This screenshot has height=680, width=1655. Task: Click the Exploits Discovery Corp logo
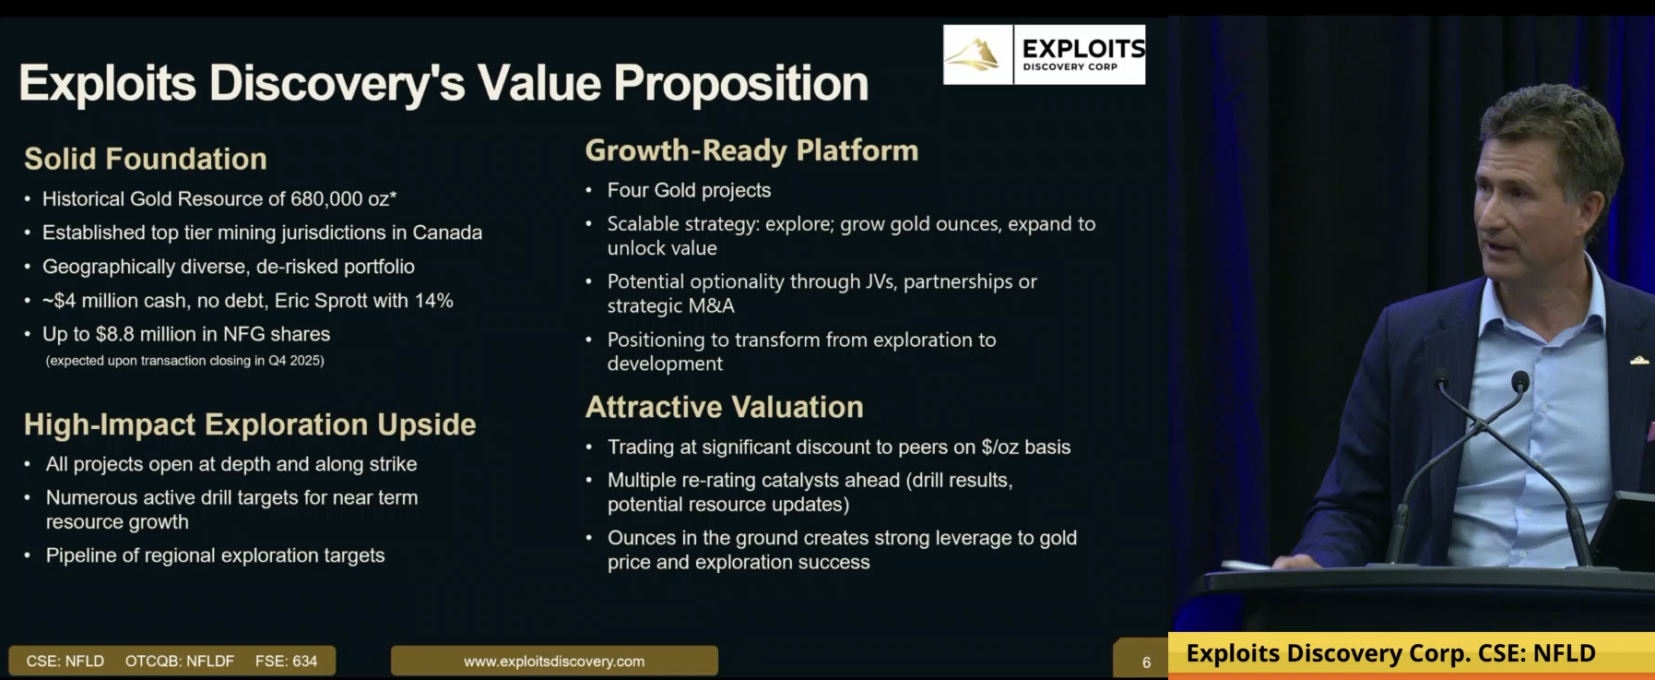[x=1044, y=54]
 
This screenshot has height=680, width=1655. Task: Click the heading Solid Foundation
[x=146, y=159]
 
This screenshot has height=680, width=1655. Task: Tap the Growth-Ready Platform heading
[x=751, y=150]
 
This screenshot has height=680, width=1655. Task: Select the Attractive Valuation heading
[x=725, y=407]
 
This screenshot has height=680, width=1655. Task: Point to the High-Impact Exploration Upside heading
[x=250, y=424]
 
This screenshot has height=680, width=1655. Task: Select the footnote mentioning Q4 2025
[x=184, y=361]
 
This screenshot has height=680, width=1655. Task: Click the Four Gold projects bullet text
[x=689, y=190]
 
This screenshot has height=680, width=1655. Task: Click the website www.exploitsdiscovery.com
[x=554, y=662]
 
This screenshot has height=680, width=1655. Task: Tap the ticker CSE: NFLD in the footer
[x=65, y=662]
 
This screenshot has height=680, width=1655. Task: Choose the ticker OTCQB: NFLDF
[x=180, y=662]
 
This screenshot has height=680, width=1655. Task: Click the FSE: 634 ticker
[x=286, y=662]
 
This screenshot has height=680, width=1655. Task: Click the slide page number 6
[x=1146, y=662]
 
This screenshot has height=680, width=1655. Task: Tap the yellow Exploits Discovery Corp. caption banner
[x=1411, y=654]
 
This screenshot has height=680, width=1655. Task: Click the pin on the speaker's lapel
[x=1639, y=361]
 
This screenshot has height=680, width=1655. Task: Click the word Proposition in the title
[x=741, y=84]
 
